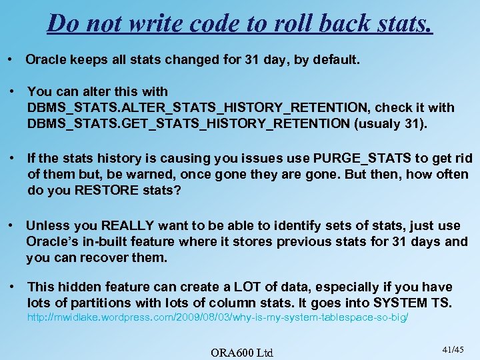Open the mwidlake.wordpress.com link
pos(217,319)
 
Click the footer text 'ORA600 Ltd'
pos(241,352)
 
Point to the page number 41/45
pos(453,349)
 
